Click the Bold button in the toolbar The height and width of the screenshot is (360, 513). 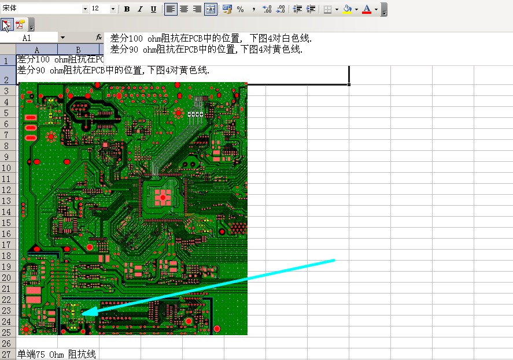(x=127, y=9)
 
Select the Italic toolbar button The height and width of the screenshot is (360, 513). (x=140, y=9)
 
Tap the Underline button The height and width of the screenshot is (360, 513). (x=153, y=9)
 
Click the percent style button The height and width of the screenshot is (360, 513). (x=241, y=9)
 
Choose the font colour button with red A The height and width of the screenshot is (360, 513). (x=367, y=9)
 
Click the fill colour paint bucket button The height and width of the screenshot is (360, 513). (x=347, y=9)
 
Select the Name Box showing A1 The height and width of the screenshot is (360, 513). (x=29, y=38)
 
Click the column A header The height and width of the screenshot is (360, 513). (x=36, y=50)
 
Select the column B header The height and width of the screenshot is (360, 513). (x=78, y=50)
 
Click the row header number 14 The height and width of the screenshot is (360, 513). (x=6, y=212)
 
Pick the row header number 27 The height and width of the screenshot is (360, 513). (x=6, y=354)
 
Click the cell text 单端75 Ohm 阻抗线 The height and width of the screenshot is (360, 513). (x=56, y=354)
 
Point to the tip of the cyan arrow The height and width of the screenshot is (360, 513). (x=82, y=313)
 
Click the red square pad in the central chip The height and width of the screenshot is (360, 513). (x=163, y=197)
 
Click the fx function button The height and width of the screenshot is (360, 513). (x=99, y=38)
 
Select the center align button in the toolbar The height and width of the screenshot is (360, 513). (x=184, y=9)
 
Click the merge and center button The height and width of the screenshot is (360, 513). (x=211, y=9)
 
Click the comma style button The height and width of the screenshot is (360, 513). (x=254, y=9)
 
